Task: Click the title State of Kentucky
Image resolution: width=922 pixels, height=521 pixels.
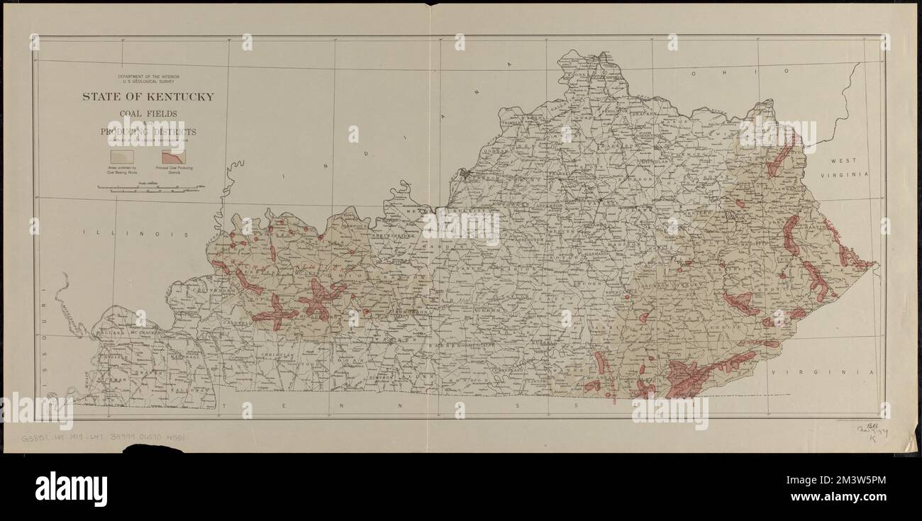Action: (148, 97)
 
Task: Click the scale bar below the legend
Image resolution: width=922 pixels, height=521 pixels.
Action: (150, 187)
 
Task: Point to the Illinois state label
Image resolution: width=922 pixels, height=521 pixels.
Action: (135, 233)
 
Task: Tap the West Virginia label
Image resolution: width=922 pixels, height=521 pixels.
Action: (845, 169)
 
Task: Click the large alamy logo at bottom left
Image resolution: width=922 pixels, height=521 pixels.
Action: (70, 489)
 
